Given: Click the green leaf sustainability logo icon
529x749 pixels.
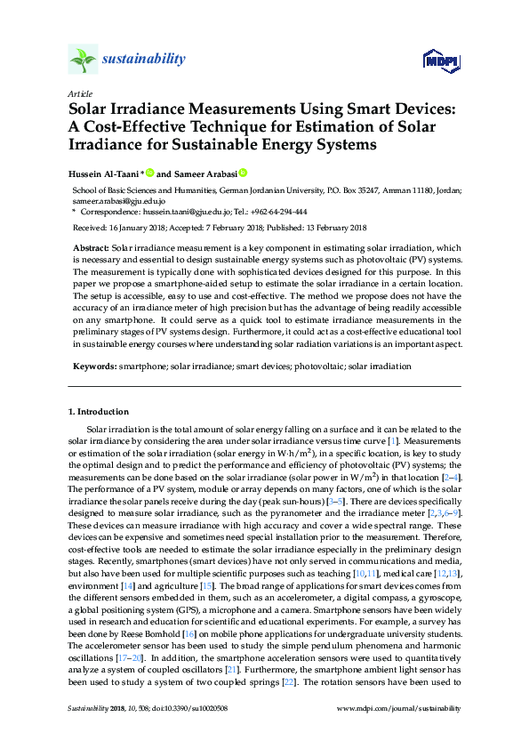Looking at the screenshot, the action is point(84,59).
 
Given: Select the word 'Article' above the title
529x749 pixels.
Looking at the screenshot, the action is point(78,93).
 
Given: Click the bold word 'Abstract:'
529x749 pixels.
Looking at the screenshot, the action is point(92,248).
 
